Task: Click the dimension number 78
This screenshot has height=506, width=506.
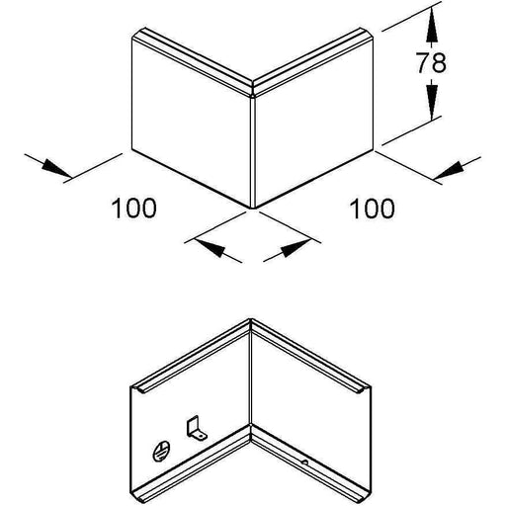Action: coord(431,62)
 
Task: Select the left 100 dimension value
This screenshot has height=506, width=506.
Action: coord(134,208)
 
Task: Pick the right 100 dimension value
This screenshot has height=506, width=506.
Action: coord(372,209)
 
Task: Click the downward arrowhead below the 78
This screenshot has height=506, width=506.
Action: coord(432,101)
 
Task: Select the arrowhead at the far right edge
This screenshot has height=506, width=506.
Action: coord(450,171)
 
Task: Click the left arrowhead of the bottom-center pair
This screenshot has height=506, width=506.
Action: coord(211,247)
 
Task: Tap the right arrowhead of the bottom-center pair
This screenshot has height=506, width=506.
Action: coord(295,247)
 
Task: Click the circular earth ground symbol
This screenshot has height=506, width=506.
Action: coord(161,451)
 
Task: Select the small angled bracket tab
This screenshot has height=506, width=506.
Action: coord(196,429)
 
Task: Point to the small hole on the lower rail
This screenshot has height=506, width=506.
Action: coord(305,463)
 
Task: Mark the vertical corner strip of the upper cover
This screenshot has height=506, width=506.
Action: coord(253,151)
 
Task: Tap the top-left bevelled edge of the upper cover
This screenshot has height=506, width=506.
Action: coord(195,58)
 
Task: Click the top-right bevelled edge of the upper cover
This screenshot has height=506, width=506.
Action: coord(313,59)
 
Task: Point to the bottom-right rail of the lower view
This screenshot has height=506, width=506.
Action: coord(311,464)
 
